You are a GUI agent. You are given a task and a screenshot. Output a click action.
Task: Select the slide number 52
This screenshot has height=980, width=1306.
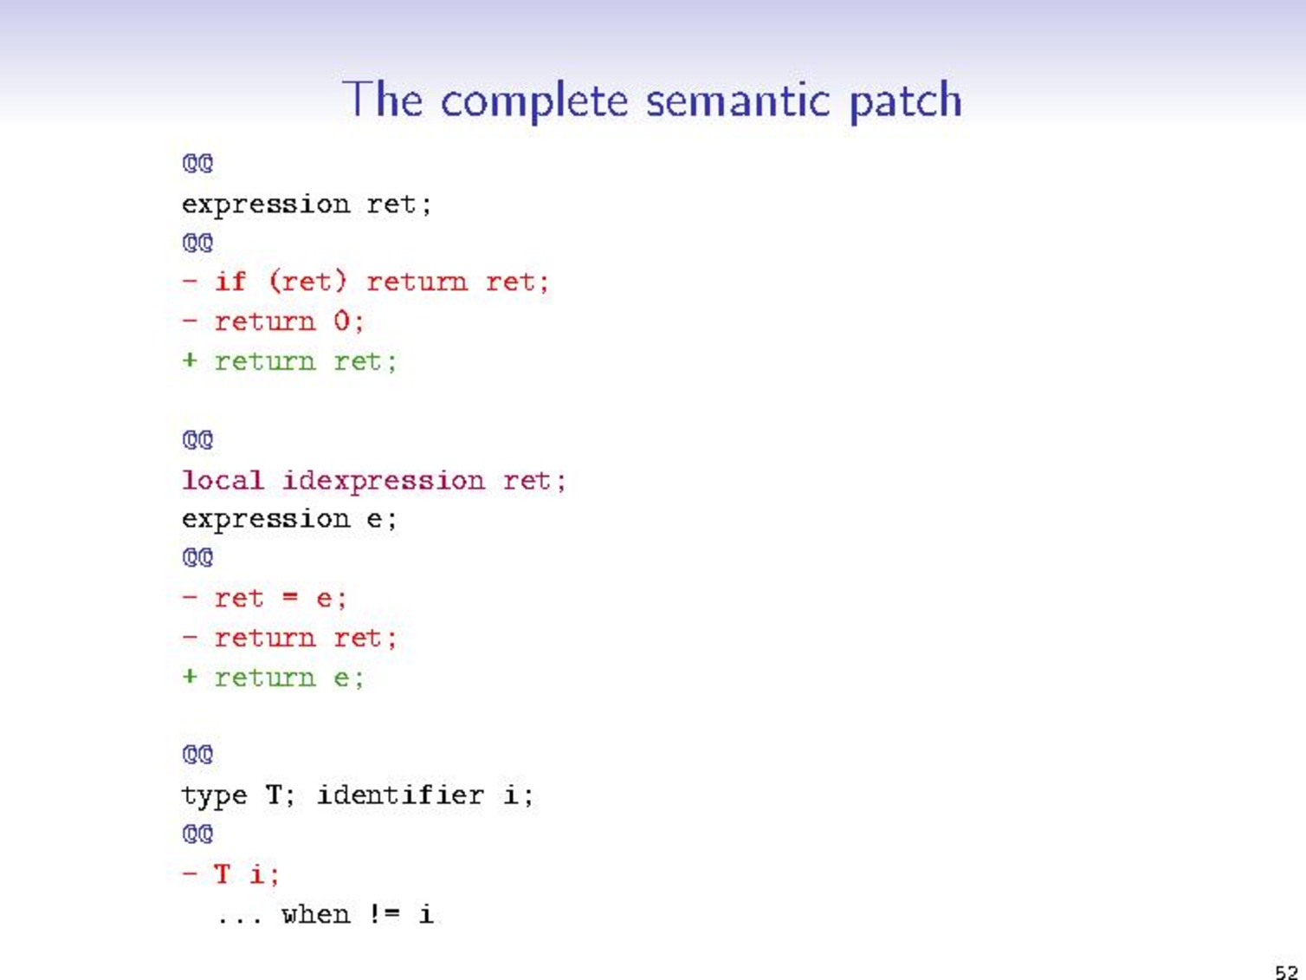click(1286, 971)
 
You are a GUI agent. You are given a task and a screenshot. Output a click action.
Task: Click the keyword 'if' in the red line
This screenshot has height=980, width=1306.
click(230, 282)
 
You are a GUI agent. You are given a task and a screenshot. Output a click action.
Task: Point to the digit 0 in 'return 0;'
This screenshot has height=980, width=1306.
click(341, 321)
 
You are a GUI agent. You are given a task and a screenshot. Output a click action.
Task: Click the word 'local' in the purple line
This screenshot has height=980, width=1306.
click(222, 480)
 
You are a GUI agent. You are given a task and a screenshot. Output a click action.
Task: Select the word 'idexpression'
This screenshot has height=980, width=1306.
click(383, 481)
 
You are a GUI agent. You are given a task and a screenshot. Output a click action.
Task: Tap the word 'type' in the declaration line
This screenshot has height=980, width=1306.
click(214, 795)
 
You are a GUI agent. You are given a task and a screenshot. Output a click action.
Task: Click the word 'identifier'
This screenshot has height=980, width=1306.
click(399, 795)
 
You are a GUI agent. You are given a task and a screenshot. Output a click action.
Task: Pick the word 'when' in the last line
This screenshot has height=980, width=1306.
click(315, 914)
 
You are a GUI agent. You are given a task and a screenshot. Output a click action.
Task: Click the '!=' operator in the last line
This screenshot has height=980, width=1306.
click(385, 914)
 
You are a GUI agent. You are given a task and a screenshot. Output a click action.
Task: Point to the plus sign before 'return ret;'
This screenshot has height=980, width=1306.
click(190, 360)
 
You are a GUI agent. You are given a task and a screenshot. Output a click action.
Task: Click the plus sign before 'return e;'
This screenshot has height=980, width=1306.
click(190, 677)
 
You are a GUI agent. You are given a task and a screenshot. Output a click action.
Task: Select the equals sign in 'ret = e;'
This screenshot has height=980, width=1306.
click(289, 598)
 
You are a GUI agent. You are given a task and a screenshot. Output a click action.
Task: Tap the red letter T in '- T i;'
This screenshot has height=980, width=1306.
click(222, 873)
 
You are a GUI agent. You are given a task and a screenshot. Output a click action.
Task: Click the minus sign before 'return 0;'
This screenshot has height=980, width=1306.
click(190, 321)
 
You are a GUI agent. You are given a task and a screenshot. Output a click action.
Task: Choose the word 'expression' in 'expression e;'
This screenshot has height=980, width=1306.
click(265, 520)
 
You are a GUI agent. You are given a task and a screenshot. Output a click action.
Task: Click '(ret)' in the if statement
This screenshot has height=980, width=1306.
click(307, 282)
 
